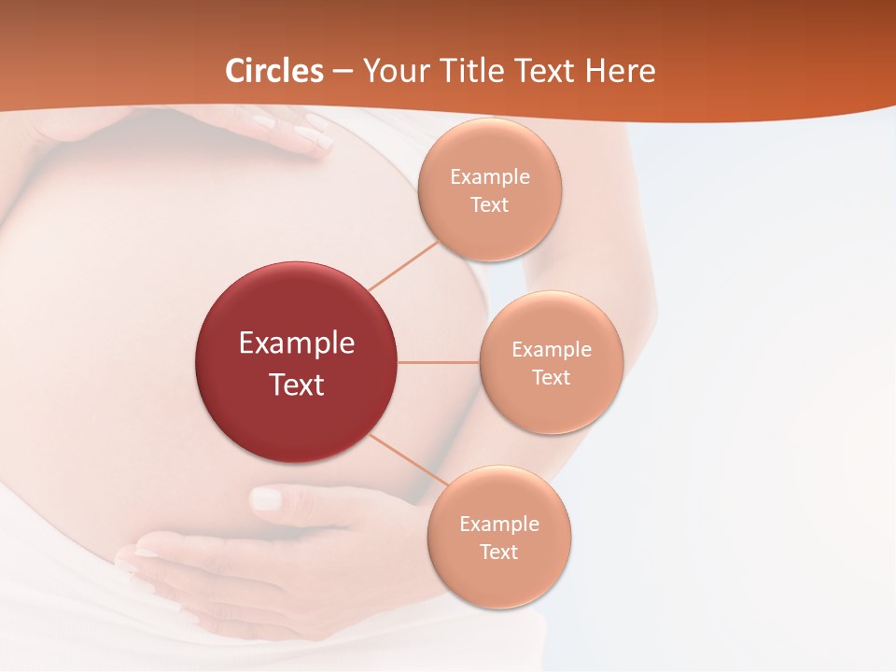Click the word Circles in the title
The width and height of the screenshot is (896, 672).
click(274, 71)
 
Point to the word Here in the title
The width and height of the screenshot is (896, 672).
click(620, 71)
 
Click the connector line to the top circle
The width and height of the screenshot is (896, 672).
click(403, 266)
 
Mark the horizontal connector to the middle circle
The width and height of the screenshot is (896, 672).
click(439, 362)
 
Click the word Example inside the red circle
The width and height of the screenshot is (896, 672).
click(297, 343)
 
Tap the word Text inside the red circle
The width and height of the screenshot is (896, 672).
click(297, 385)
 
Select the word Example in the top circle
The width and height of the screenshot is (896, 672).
click(490, 177)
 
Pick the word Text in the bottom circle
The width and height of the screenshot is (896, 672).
click(499, 553)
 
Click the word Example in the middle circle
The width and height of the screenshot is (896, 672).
click(552, 350)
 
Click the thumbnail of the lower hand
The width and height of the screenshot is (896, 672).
click(267, 498)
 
